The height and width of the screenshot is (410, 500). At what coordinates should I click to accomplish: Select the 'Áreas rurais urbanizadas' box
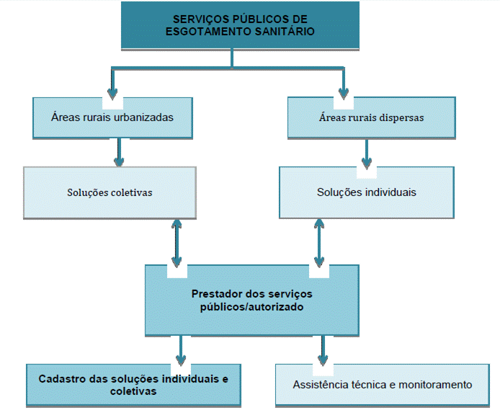[112, 117]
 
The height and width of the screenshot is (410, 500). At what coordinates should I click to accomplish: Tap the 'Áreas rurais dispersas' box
[371, 117]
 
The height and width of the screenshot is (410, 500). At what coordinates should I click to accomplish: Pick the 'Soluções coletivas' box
[110, 192]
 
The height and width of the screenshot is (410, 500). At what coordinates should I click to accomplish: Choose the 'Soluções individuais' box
[366, 192]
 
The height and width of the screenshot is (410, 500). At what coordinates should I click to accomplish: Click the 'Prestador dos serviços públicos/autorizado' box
[251, 300]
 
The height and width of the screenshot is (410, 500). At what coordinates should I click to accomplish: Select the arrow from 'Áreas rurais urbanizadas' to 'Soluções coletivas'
[118, 152]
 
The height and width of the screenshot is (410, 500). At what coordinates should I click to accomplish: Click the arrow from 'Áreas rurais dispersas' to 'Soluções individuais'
[367, 152]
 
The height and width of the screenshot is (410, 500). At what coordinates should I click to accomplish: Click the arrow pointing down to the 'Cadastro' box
[180, 350]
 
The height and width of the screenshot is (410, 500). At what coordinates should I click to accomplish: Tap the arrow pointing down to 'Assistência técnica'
[321, 350]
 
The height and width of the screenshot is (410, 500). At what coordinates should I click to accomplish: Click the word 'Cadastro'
[61, 378]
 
